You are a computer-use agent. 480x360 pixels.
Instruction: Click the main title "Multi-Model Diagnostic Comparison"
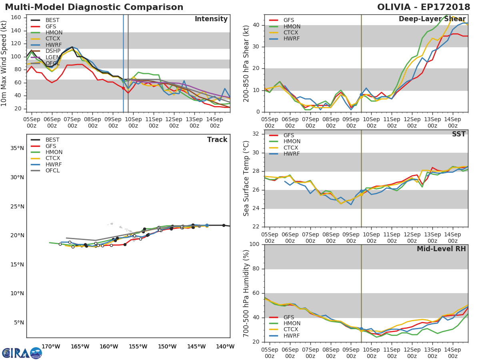pos(94,7)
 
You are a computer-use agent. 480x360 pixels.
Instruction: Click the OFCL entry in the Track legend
pos(52,171)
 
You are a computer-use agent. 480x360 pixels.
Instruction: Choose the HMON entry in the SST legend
pos(292,142)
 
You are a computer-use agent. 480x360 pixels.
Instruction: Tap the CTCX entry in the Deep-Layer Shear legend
pos(292,33)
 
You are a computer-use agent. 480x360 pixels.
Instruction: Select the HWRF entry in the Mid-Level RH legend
pos(292,336)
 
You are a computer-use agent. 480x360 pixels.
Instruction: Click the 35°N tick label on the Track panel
pos(17,148)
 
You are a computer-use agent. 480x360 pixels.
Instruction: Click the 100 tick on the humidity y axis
pos(254,244)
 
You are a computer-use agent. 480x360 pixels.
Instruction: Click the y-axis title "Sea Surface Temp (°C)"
pos(247,179)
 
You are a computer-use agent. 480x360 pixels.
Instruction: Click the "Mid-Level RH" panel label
pos(441,249)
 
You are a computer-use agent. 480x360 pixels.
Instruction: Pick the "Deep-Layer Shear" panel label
pos(432,19)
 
